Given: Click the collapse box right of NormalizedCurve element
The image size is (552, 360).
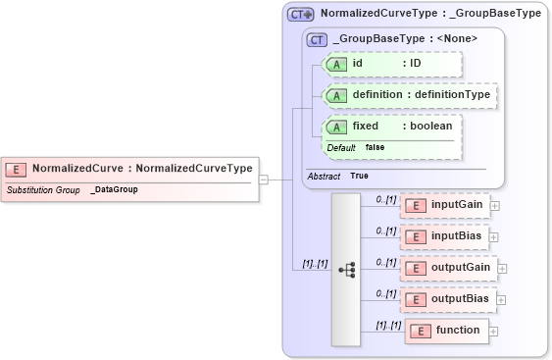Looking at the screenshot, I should [263, 180].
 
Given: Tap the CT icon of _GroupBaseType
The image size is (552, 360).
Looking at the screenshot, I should [317, 39].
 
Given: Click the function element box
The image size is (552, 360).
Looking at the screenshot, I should [446, 331].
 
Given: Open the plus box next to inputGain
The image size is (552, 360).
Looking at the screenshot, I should [494, 206].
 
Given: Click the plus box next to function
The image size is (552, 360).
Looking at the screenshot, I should [494, 331].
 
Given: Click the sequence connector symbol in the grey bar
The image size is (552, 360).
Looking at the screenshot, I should [346, 268].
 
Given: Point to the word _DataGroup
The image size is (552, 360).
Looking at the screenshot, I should [114, 189].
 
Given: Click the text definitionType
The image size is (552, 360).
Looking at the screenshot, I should [451, 95].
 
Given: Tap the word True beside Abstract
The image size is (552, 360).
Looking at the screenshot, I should [359, 176].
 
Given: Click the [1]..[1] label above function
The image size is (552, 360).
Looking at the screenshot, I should [388, 325].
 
